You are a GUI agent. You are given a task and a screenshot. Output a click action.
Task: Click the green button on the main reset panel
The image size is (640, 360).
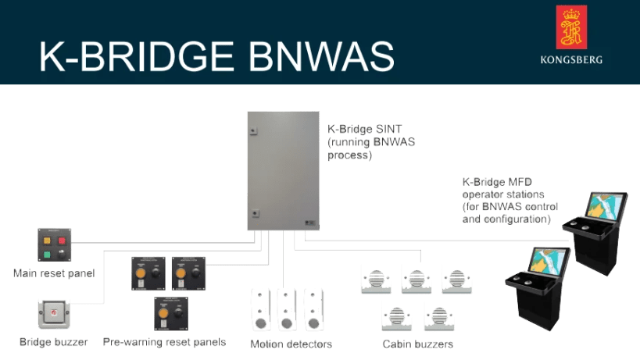(x=47, y=254)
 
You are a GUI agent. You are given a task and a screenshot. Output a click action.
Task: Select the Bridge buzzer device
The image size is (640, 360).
(x=53, y=314)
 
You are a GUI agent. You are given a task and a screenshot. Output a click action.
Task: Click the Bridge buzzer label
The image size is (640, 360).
(x=53, y=342)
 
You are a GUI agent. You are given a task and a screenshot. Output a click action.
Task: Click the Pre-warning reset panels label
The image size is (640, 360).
(x=164, y=342)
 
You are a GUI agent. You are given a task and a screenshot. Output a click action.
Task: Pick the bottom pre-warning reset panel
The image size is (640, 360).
(x=170, y=312)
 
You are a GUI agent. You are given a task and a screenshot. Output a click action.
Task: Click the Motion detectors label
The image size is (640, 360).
(x=291, y=344)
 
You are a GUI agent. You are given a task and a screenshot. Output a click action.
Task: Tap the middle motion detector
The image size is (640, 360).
(x=287, y=308)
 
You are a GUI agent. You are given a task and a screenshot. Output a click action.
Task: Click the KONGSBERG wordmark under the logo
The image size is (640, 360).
(x=571, y=59)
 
